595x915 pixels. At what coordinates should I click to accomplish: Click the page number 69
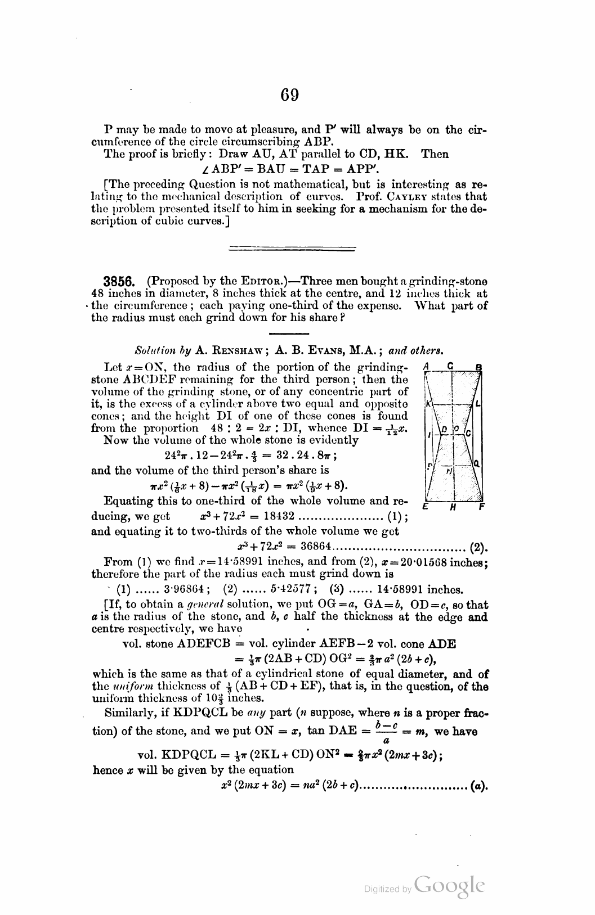(290, 95)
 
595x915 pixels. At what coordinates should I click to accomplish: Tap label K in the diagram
(428, 404)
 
